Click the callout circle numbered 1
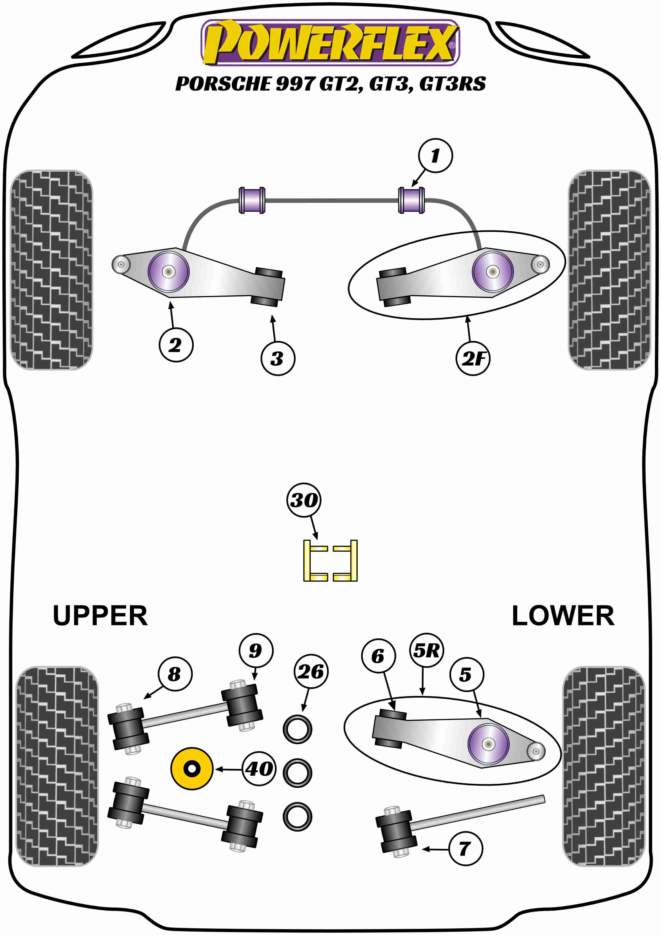point(435,156)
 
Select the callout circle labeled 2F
point(473,358)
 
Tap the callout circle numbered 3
point(278,358)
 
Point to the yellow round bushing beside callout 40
point(192,769)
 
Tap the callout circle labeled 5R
point(426,650)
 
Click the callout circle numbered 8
point(175,674)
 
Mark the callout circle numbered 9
point(256,650)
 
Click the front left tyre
point(51,269)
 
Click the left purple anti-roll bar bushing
point(252,200)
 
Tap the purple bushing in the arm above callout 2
point(168,272)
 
